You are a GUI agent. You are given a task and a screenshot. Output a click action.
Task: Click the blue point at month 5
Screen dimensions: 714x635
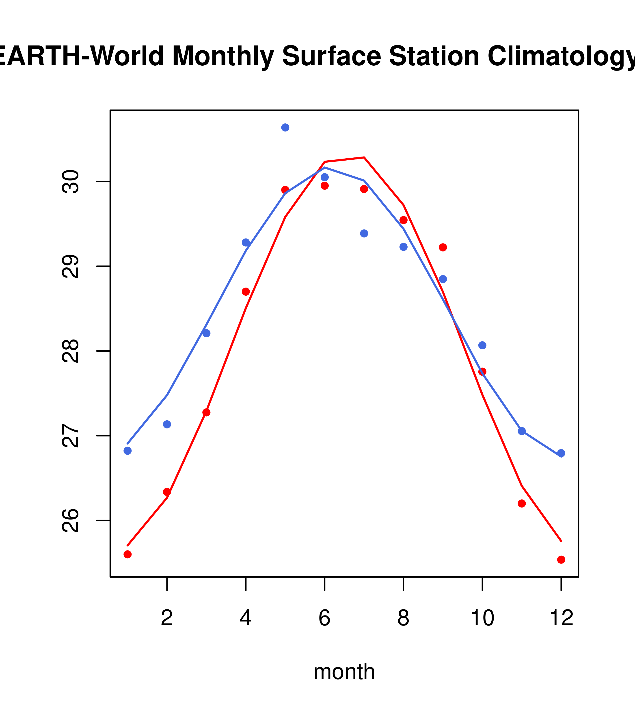pos(285,127)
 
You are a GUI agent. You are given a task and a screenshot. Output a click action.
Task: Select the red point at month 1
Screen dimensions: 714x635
pos(127,554)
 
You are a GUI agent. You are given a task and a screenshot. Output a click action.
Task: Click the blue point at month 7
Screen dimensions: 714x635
pos(364,233)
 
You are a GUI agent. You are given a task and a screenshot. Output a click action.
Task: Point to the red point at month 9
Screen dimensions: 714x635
pos(443,247)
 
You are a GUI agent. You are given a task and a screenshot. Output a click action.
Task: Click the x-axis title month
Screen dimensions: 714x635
pos(344,671)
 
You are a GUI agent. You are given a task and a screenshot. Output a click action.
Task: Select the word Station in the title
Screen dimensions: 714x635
pos(434,56)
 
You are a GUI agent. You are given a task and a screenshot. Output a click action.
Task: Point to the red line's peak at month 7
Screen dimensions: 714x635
pos(364,157)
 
